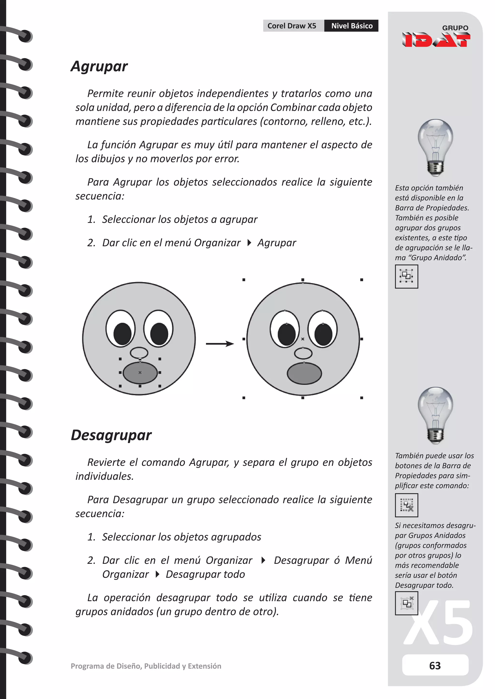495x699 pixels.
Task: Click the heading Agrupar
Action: tap(99, 66)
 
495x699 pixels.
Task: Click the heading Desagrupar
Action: tap(111, 435)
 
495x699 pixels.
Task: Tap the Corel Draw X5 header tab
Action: tap(292, 26)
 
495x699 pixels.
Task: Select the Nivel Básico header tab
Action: tap(351, 26)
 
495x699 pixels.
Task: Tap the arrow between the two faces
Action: tap(220, 344)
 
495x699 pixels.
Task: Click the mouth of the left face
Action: tap(140, 373)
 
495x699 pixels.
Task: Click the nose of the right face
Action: tap(303, 353)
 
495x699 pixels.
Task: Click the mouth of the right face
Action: tap(304, 373)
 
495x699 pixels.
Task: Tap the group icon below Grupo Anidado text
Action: tap(406, 276)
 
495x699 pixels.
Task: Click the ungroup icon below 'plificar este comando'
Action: tap(406, 505)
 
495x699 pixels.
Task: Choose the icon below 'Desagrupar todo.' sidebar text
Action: tap(406, 603)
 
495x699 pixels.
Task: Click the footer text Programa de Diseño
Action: tap(146, 666)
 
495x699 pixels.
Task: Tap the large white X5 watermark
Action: tap(439, 622)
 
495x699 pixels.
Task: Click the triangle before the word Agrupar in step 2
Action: tap(249, 243)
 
